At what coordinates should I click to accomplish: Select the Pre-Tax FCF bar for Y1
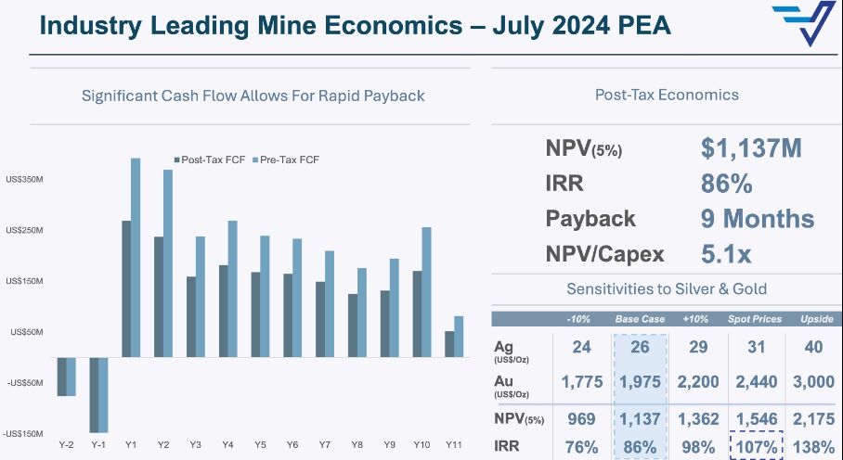click(136, 257)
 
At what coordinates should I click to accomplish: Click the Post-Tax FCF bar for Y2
click(159, 297)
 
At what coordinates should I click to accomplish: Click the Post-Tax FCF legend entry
click(210, 160)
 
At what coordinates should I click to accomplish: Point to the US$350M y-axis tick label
click(24, 179)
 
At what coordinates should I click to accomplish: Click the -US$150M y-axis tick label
click(23, 433)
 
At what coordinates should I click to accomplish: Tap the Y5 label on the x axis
click(261, 445)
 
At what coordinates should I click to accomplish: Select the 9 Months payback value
click(757, 219)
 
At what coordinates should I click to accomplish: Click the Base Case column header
click(640, 319)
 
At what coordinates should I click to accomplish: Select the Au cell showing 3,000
click(812, 382)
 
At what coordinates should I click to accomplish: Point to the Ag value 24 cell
click(582, 348)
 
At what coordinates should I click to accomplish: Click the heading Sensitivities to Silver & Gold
click(667, 289)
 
